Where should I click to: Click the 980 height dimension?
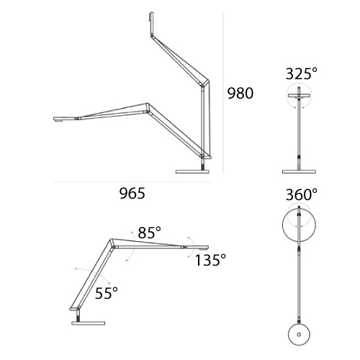(240, 94)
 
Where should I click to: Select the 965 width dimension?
(132, 194)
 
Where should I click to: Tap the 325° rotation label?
(302, 73)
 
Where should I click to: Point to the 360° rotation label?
(302, 194)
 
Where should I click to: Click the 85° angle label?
(149, 233)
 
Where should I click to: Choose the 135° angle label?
(210, 260)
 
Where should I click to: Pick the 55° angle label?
(107, 293)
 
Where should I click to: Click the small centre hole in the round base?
(299, 334)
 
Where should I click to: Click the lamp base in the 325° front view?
(299, 171)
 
